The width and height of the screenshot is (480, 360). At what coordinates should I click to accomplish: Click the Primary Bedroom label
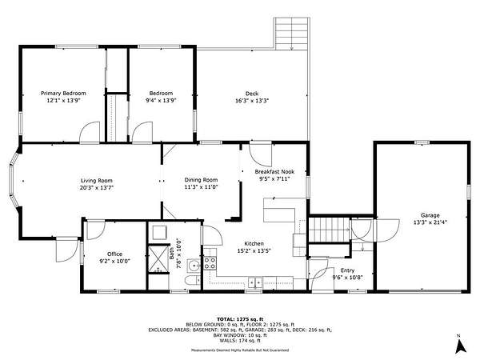tap(63, 93)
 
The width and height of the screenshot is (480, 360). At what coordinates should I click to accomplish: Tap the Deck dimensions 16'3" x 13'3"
tap(252, 101)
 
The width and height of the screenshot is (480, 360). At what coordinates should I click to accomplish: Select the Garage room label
tap(430, 215)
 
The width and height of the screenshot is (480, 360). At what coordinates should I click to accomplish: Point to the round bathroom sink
tap(194, 266)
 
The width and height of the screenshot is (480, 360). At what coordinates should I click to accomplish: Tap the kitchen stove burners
tap(210, 263)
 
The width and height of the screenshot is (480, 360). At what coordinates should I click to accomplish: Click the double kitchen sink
tap(255, 282)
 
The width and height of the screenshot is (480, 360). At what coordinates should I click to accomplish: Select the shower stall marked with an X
tap(158, 259)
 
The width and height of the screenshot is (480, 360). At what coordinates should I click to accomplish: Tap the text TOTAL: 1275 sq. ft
tap(240, 319)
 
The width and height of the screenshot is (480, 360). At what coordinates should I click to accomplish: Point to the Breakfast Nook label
tap(274, 172)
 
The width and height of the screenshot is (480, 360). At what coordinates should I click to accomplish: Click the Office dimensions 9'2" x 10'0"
tap(114, 261)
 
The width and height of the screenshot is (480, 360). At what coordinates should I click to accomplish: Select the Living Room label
tap(97, 181)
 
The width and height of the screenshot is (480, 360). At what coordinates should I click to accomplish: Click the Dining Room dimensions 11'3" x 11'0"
tap(201, 187)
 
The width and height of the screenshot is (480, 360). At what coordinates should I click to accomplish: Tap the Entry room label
tap(347, 270)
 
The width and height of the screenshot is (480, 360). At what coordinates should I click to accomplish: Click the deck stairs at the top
tap(292, 34)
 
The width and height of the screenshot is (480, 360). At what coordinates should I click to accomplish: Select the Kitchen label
tap(254, 244)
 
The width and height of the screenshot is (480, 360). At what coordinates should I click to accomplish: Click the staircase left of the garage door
tap(329, 230)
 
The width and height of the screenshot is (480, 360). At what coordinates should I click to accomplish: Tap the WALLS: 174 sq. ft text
tap(240, 341)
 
